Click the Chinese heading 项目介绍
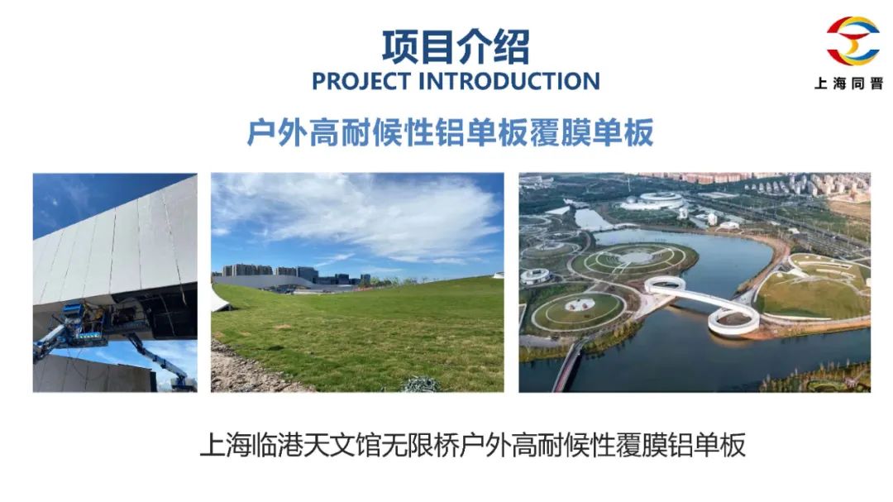(456, 46)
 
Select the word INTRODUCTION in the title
(509, 82)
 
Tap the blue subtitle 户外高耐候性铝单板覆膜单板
(450, 133)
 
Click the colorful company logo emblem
(852, 41)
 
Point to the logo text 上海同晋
(848, 84)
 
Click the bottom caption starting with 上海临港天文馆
(473, 445)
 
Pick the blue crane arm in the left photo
(162, 360)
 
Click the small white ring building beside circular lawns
(535, 275)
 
